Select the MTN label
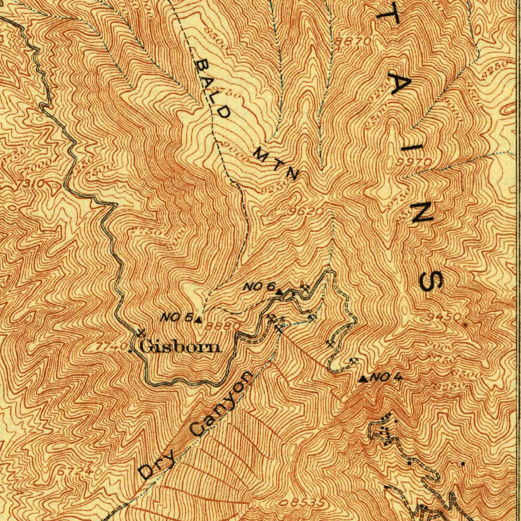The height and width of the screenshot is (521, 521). (275, 163)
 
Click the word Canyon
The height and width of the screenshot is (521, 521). (221, 404)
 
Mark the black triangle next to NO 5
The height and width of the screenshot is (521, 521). (198, 320)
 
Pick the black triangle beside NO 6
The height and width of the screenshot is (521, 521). (279, 292)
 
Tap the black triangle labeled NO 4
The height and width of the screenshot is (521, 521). (363, 379)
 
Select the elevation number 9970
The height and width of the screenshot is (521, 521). (416, 162)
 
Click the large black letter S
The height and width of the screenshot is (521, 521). (432, 281)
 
